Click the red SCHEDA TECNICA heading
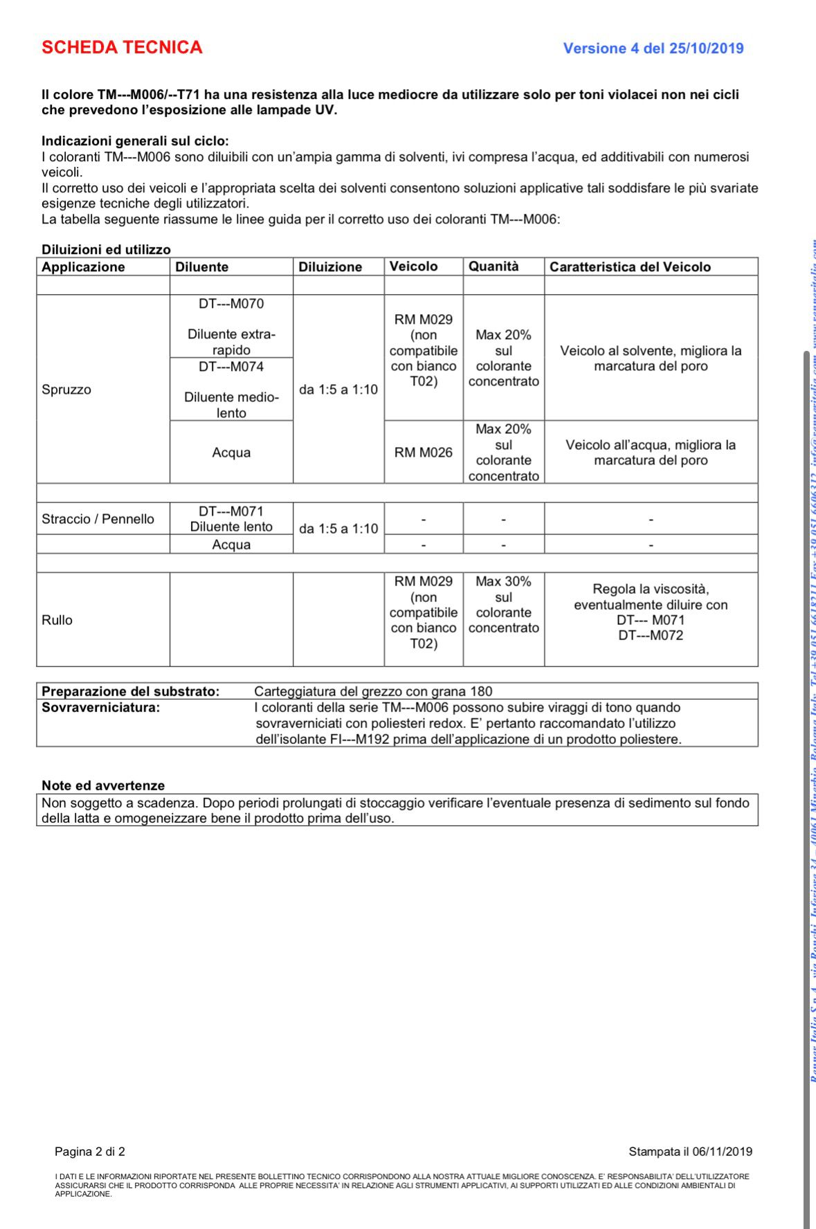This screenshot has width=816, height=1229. [x=122, y=47]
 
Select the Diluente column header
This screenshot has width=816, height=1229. [x=201, y=267]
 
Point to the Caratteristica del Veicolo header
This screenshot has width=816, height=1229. [x=630, y=267]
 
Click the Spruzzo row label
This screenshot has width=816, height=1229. [x=66, y=390]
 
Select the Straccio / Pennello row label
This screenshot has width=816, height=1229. [x=98, y=519]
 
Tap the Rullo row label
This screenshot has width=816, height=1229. [x=57, y=620]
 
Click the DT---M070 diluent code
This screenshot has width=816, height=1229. [x=231, y=304]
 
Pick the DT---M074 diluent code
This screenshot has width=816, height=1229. [x=231, y=367]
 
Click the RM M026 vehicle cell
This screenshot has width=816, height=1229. [x=424, y=453]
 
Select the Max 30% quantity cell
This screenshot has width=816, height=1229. [x=503, y=605]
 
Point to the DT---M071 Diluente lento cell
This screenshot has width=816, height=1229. [x=231, y=519]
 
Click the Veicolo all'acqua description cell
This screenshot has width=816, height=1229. [x=651, y=453]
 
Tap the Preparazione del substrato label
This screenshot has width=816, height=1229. [x=130, y=691]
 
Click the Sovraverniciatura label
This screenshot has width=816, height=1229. [x=100, y=707]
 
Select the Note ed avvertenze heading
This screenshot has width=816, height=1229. [x=103, y=785]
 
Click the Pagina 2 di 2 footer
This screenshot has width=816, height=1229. [x=90, y=1151]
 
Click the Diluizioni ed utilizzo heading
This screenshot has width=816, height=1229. [x=106, y=250]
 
